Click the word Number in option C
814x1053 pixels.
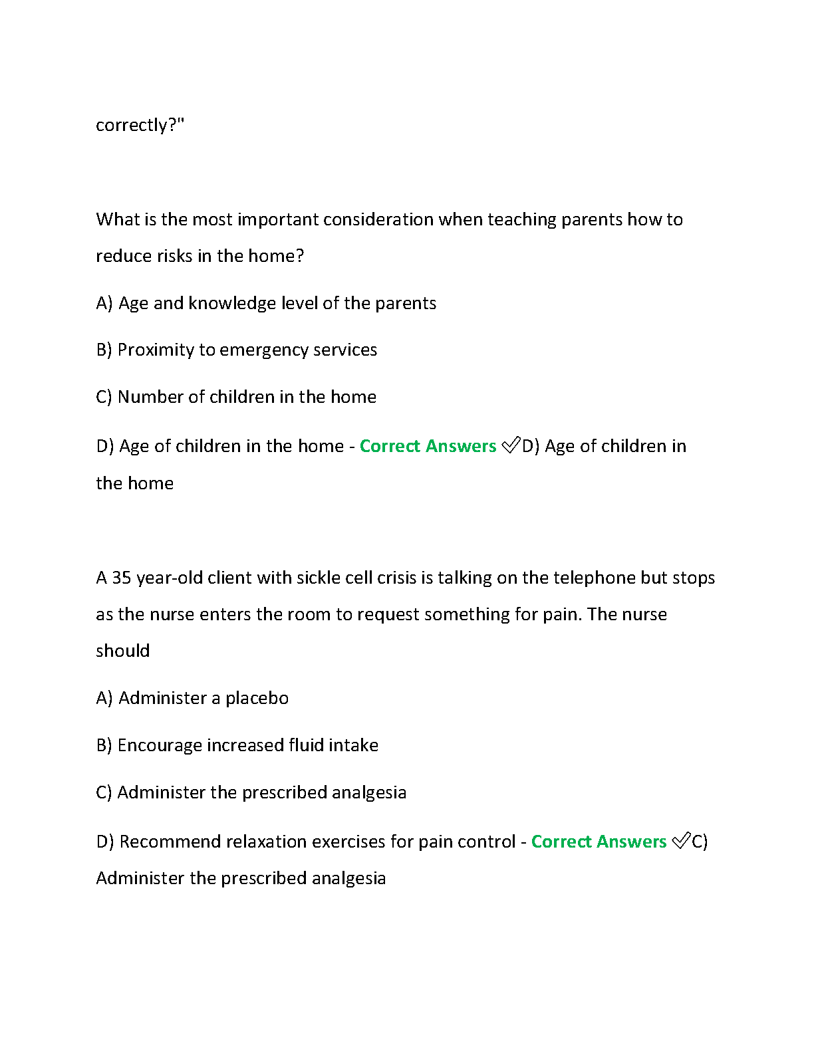point(150,397)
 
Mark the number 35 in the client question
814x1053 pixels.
point(121,578)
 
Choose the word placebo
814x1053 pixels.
point(257,698)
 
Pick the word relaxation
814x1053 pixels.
point(266,842)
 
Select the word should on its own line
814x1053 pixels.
point(123,651)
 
